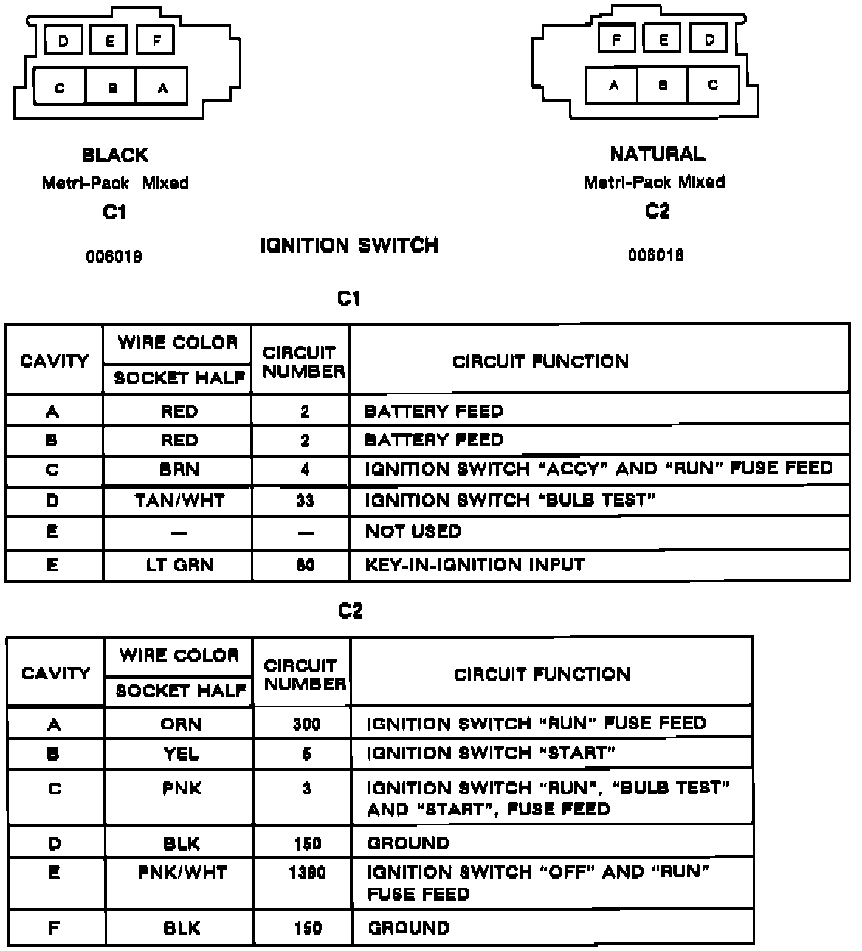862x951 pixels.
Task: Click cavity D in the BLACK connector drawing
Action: pyautogui.click(x=64, y=41)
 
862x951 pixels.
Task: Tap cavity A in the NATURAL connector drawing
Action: pyautogui.click(x=613, y=85)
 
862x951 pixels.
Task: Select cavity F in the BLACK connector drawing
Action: pyautogui.click(x=156, y=41)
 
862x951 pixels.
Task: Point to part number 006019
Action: pyautogui.click(x=114, y=257)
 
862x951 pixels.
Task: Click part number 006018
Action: pyautogui.click(x=656, y=255)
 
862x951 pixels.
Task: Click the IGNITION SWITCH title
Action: pyautogui.click(x=349, y=245)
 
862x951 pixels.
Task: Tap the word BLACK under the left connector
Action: pyautogui.click(x=115, y=155)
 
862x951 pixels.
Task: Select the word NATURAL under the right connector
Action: pyautogui.click(x=657, y=154)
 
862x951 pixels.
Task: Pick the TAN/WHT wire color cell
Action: pyautogui.click(x=179, y=501)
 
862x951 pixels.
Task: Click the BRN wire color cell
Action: pyautogui.click(x=179, y=470)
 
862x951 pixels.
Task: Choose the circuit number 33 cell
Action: pyautogui.click(x=305, y=501)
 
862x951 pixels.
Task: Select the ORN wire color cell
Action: pyautogui.click(x=181, y=724)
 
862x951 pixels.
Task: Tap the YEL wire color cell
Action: pyautogui.click(x=181, y=754)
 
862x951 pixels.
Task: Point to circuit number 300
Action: pyautogui.click(x=306, y=724)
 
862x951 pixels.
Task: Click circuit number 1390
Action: pyautogui.click(x=307, y=873)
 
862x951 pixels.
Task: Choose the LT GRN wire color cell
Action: pyautogui.click(x=179, y=566)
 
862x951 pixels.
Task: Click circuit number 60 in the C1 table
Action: pyautogui.click(x=305, y=566)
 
